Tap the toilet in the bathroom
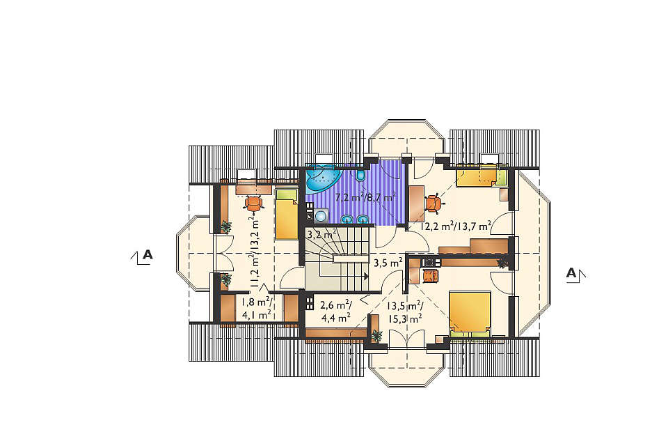coord(361,175)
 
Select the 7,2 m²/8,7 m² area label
coord(365,197)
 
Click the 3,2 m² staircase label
coord(322,234)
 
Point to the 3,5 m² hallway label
coord(388,263)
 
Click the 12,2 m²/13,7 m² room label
coord(456,226)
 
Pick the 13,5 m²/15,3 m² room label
coord(405,311)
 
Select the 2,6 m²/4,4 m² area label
coord(336,311)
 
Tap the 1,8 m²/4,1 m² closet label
coord(257,309)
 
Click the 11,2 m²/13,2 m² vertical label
coord(255,252)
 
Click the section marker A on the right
coord(575,273)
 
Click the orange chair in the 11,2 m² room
coord(253,203)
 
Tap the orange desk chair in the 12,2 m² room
coord(434,203)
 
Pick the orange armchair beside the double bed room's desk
coord(430,276)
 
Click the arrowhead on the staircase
coord(366,276)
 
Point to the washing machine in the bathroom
coord(320,216)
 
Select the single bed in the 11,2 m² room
coord(286,215)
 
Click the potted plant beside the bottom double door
coord(376,336)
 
